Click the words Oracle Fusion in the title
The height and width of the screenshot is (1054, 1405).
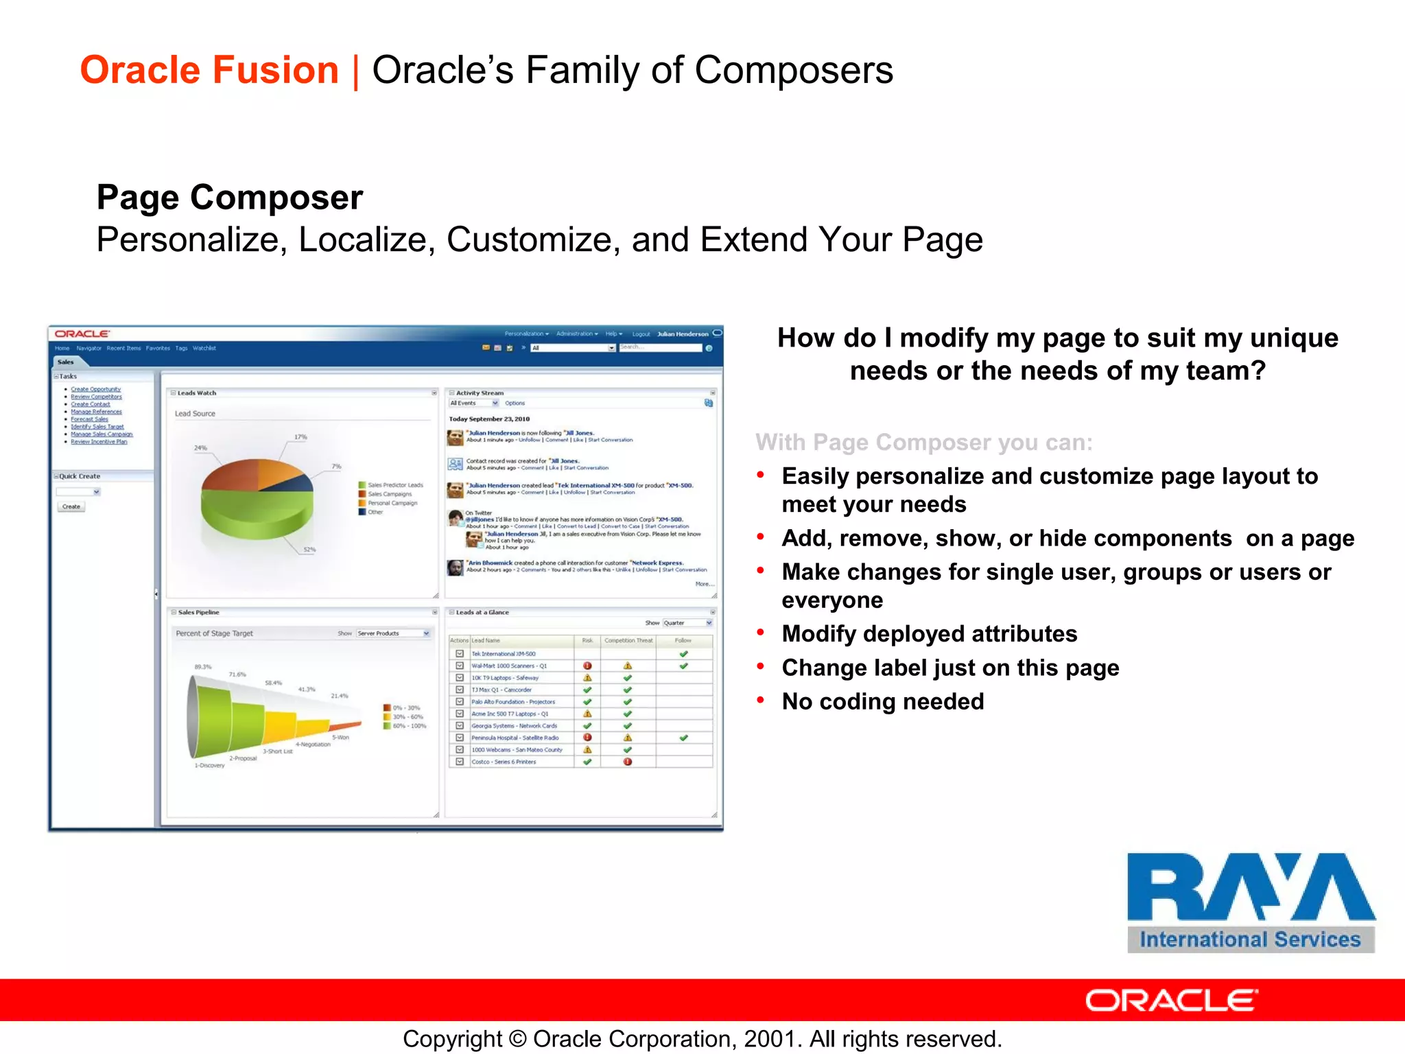tap(209, 70)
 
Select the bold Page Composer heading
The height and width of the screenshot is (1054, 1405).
tap(229, 198)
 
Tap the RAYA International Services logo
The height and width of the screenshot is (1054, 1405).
tap(1250, 902)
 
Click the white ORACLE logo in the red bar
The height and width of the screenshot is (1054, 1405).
tap(1171, 1000)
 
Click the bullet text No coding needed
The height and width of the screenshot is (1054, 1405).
tap(882, 701)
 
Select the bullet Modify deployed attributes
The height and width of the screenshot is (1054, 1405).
tap(929, 633)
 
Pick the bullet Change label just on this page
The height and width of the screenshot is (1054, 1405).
tap(950, 668)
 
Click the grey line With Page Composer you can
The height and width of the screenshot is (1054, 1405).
tap(923, 443)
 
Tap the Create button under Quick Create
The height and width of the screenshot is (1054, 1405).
tap(71, 506)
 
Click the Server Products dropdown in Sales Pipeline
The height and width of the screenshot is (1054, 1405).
tap(393, 633)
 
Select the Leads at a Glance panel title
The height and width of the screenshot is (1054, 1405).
tap(482, 612)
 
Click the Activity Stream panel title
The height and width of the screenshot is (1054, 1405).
tap(480, 393)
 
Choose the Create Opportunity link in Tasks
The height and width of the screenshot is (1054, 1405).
tap(95, 389)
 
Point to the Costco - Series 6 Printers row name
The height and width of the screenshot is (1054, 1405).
tap(504, 762)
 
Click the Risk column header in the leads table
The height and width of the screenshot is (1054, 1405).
tap(587, 640)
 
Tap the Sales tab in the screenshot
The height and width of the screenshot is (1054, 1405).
tap(65, 362)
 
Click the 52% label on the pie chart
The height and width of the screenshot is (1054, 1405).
tap(309, 550)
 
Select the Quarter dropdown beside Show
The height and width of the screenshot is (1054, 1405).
tap(687, 623)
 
